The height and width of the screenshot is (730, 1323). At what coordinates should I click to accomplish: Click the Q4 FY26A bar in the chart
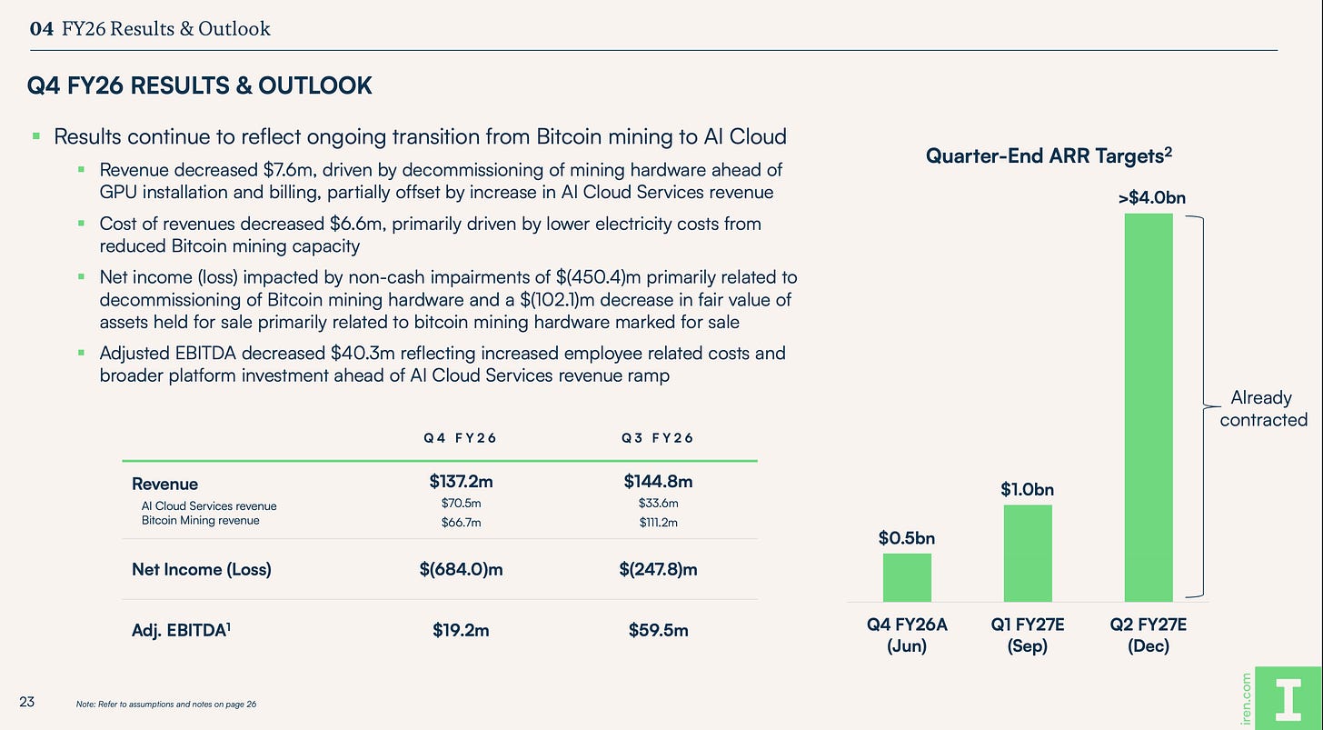pyautogui.click(x=907, y=577)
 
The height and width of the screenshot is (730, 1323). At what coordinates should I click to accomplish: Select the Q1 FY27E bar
pyautogui.click(x=1028, y=554)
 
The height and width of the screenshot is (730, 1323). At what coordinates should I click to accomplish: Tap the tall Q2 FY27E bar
pyautogui.click(x=1149, y=408)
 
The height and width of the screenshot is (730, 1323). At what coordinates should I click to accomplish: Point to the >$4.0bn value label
pyautogui.click(x=1152, y=197)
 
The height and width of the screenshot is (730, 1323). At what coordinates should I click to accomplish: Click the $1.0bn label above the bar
pyautogui.click(x=1027, y=489)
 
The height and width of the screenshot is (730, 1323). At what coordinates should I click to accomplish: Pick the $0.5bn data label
pyautogui.click(x=907, y=538)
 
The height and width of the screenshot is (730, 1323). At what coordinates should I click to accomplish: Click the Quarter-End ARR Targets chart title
pyautogui.click(x=1049, y=155)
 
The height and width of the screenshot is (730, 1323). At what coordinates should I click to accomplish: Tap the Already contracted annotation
pyautogui.click(x=1263, y=408)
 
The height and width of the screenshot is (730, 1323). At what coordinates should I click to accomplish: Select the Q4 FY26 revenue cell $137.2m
pyautogui.click(x=461, y=481)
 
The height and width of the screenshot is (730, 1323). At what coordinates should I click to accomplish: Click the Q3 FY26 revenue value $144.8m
pyautogui.click(x=658, y=481)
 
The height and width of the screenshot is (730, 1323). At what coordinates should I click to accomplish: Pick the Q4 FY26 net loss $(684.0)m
pyautogui.click(x=461, y=569)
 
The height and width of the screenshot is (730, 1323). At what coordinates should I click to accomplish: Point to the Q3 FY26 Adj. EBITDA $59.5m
pyautogui.click(x=658, y=630)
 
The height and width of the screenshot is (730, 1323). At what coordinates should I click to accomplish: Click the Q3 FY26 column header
pyautogui.click(x=657, y=438)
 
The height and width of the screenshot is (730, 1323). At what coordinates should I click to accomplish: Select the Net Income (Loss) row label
pyautogui.click(x=202, y=569)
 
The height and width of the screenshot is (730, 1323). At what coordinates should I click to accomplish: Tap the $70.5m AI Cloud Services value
pyautogui.click(x=461, y=503)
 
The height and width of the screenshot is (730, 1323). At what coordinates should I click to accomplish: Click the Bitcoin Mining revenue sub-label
pyautogui.click(x=200, y=520)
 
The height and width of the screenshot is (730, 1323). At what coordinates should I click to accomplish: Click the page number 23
pyautogui.click(x=26, y=702)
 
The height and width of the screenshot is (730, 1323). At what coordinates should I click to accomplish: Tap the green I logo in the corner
pyautogui.click(x=1288, y=699)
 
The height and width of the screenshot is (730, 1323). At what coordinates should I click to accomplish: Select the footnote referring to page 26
pyautogui.click(x=166, y=704)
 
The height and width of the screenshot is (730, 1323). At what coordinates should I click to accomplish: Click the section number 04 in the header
pyautogui.click(x=42, y=28)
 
